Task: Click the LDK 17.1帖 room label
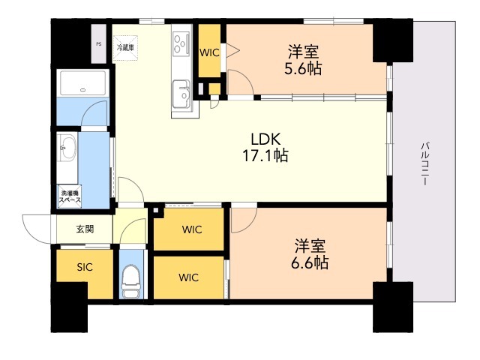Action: click(265, 147)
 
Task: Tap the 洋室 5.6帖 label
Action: click(303, 60)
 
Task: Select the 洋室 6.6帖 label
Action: click(310, 254)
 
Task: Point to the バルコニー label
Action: click(424, 163)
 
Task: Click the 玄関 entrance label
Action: click(85, 229)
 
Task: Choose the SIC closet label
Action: click(85, 267)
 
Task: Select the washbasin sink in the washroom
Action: click(68, 148)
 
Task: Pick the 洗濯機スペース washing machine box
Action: click(70, 196)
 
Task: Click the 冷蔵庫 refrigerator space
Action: click(125, 48)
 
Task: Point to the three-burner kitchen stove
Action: click(181, 44)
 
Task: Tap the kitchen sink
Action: click(181, 94)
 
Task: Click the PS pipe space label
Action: click(98, 44)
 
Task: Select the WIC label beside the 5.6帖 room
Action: click(210, 52)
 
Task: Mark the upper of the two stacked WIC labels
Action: click(192, 229)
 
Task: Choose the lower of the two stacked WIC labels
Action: click(189, 277)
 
